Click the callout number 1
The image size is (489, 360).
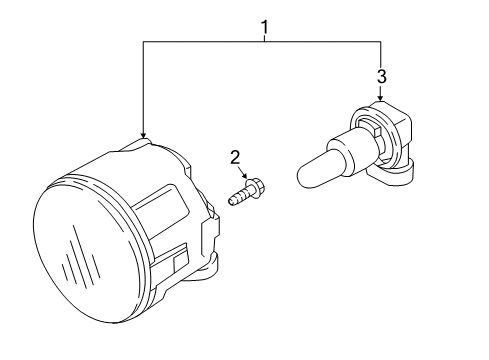coord(265,27)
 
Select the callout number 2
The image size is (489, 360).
coord(235,157)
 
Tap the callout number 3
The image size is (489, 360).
coord(382,76)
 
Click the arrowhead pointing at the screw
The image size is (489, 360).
coord(246,176)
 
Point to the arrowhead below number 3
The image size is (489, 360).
coord(381,98)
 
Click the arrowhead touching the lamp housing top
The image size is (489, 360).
coord(143,135)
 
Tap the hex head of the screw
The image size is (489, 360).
coord(255,189)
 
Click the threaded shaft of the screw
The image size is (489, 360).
coord(238,196)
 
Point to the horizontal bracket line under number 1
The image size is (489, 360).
coord(262,41)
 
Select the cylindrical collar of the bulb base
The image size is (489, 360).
coord(344,150)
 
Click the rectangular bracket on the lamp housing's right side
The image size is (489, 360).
coord(210,235)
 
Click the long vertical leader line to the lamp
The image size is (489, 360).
coord(143,89)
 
